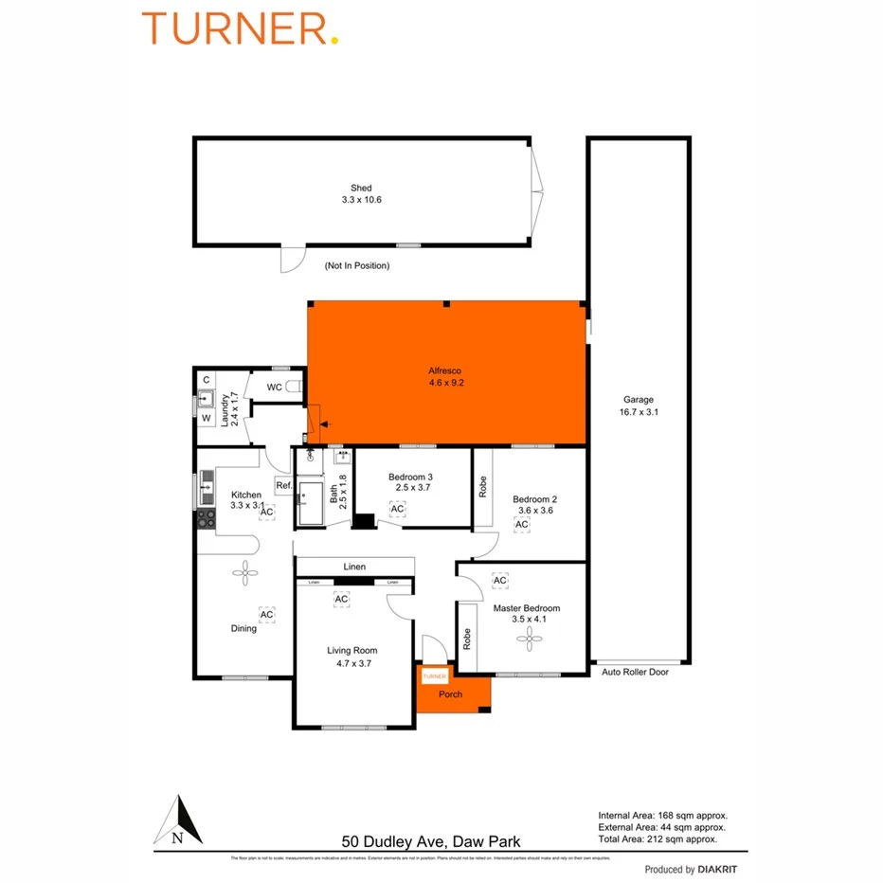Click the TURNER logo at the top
click(240, 28)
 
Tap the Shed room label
click(361, 189)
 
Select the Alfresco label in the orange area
click(445, 371)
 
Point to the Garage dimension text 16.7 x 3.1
click(639, 412)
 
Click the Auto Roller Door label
click(638, 672)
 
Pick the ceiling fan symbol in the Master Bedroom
click(527, 640)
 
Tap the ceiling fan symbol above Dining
click(245, 570)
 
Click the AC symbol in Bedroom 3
click(398, 510)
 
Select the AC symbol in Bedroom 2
click(522, 524)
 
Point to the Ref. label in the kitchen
click(283, 486)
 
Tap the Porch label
click(451, 694)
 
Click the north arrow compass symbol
click(178, 820)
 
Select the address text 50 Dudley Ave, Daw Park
click(431, 840)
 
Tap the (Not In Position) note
click(356, 266)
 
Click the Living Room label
click(352, 650)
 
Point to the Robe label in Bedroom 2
click(482, 486)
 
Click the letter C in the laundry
click(206, 380)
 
